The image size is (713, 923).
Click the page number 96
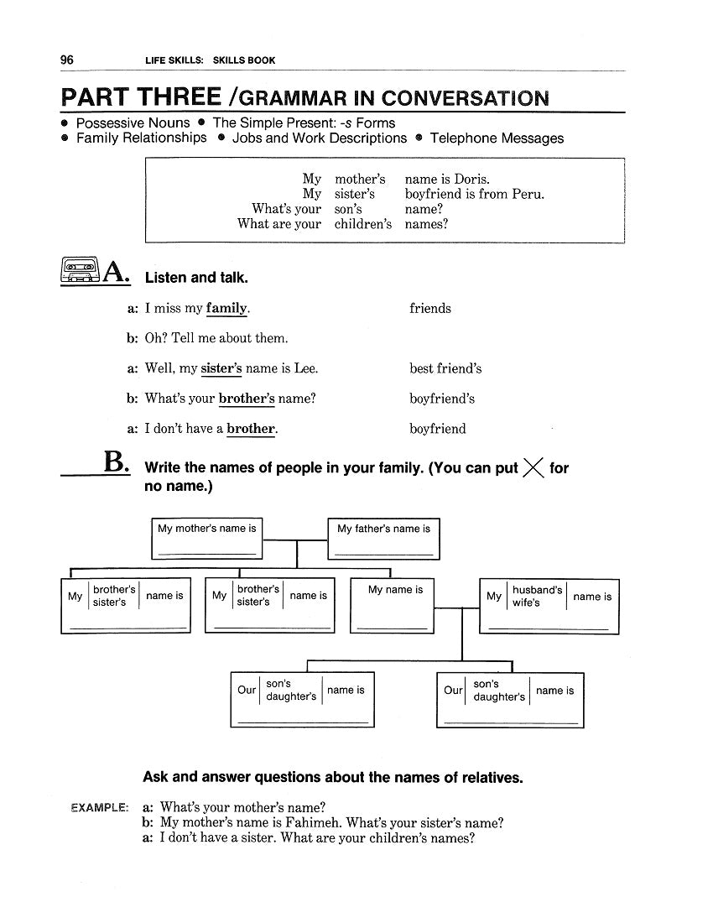67,60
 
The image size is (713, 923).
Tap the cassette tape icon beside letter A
80,269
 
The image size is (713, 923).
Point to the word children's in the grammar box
362,224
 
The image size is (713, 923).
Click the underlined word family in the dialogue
226,308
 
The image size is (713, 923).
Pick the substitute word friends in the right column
429,308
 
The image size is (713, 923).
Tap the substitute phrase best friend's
445,368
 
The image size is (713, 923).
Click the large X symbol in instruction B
533,468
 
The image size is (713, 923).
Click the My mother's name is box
206,538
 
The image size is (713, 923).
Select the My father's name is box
383,538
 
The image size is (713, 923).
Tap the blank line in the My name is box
392,628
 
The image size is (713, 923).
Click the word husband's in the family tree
537,590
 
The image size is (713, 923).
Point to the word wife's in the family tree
526,603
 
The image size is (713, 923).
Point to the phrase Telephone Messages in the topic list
497,138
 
